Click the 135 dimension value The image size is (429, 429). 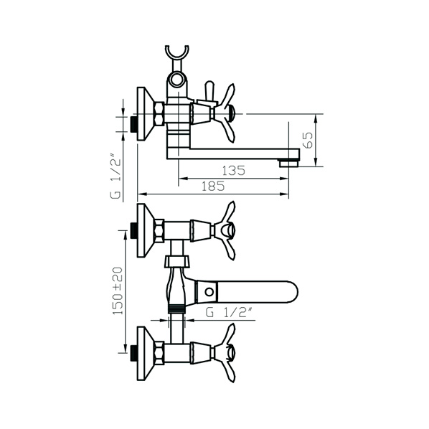pos(233,171)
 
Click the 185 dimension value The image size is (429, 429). pos(213,187)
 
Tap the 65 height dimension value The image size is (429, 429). pos(308,140)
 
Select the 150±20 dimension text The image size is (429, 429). pos(118,291)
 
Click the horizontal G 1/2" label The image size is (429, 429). pos(228,313)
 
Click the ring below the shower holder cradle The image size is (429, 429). pos(177,77)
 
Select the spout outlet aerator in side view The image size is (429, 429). pos(288,163)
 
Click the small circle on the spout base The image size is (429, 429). pos(209,292)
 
